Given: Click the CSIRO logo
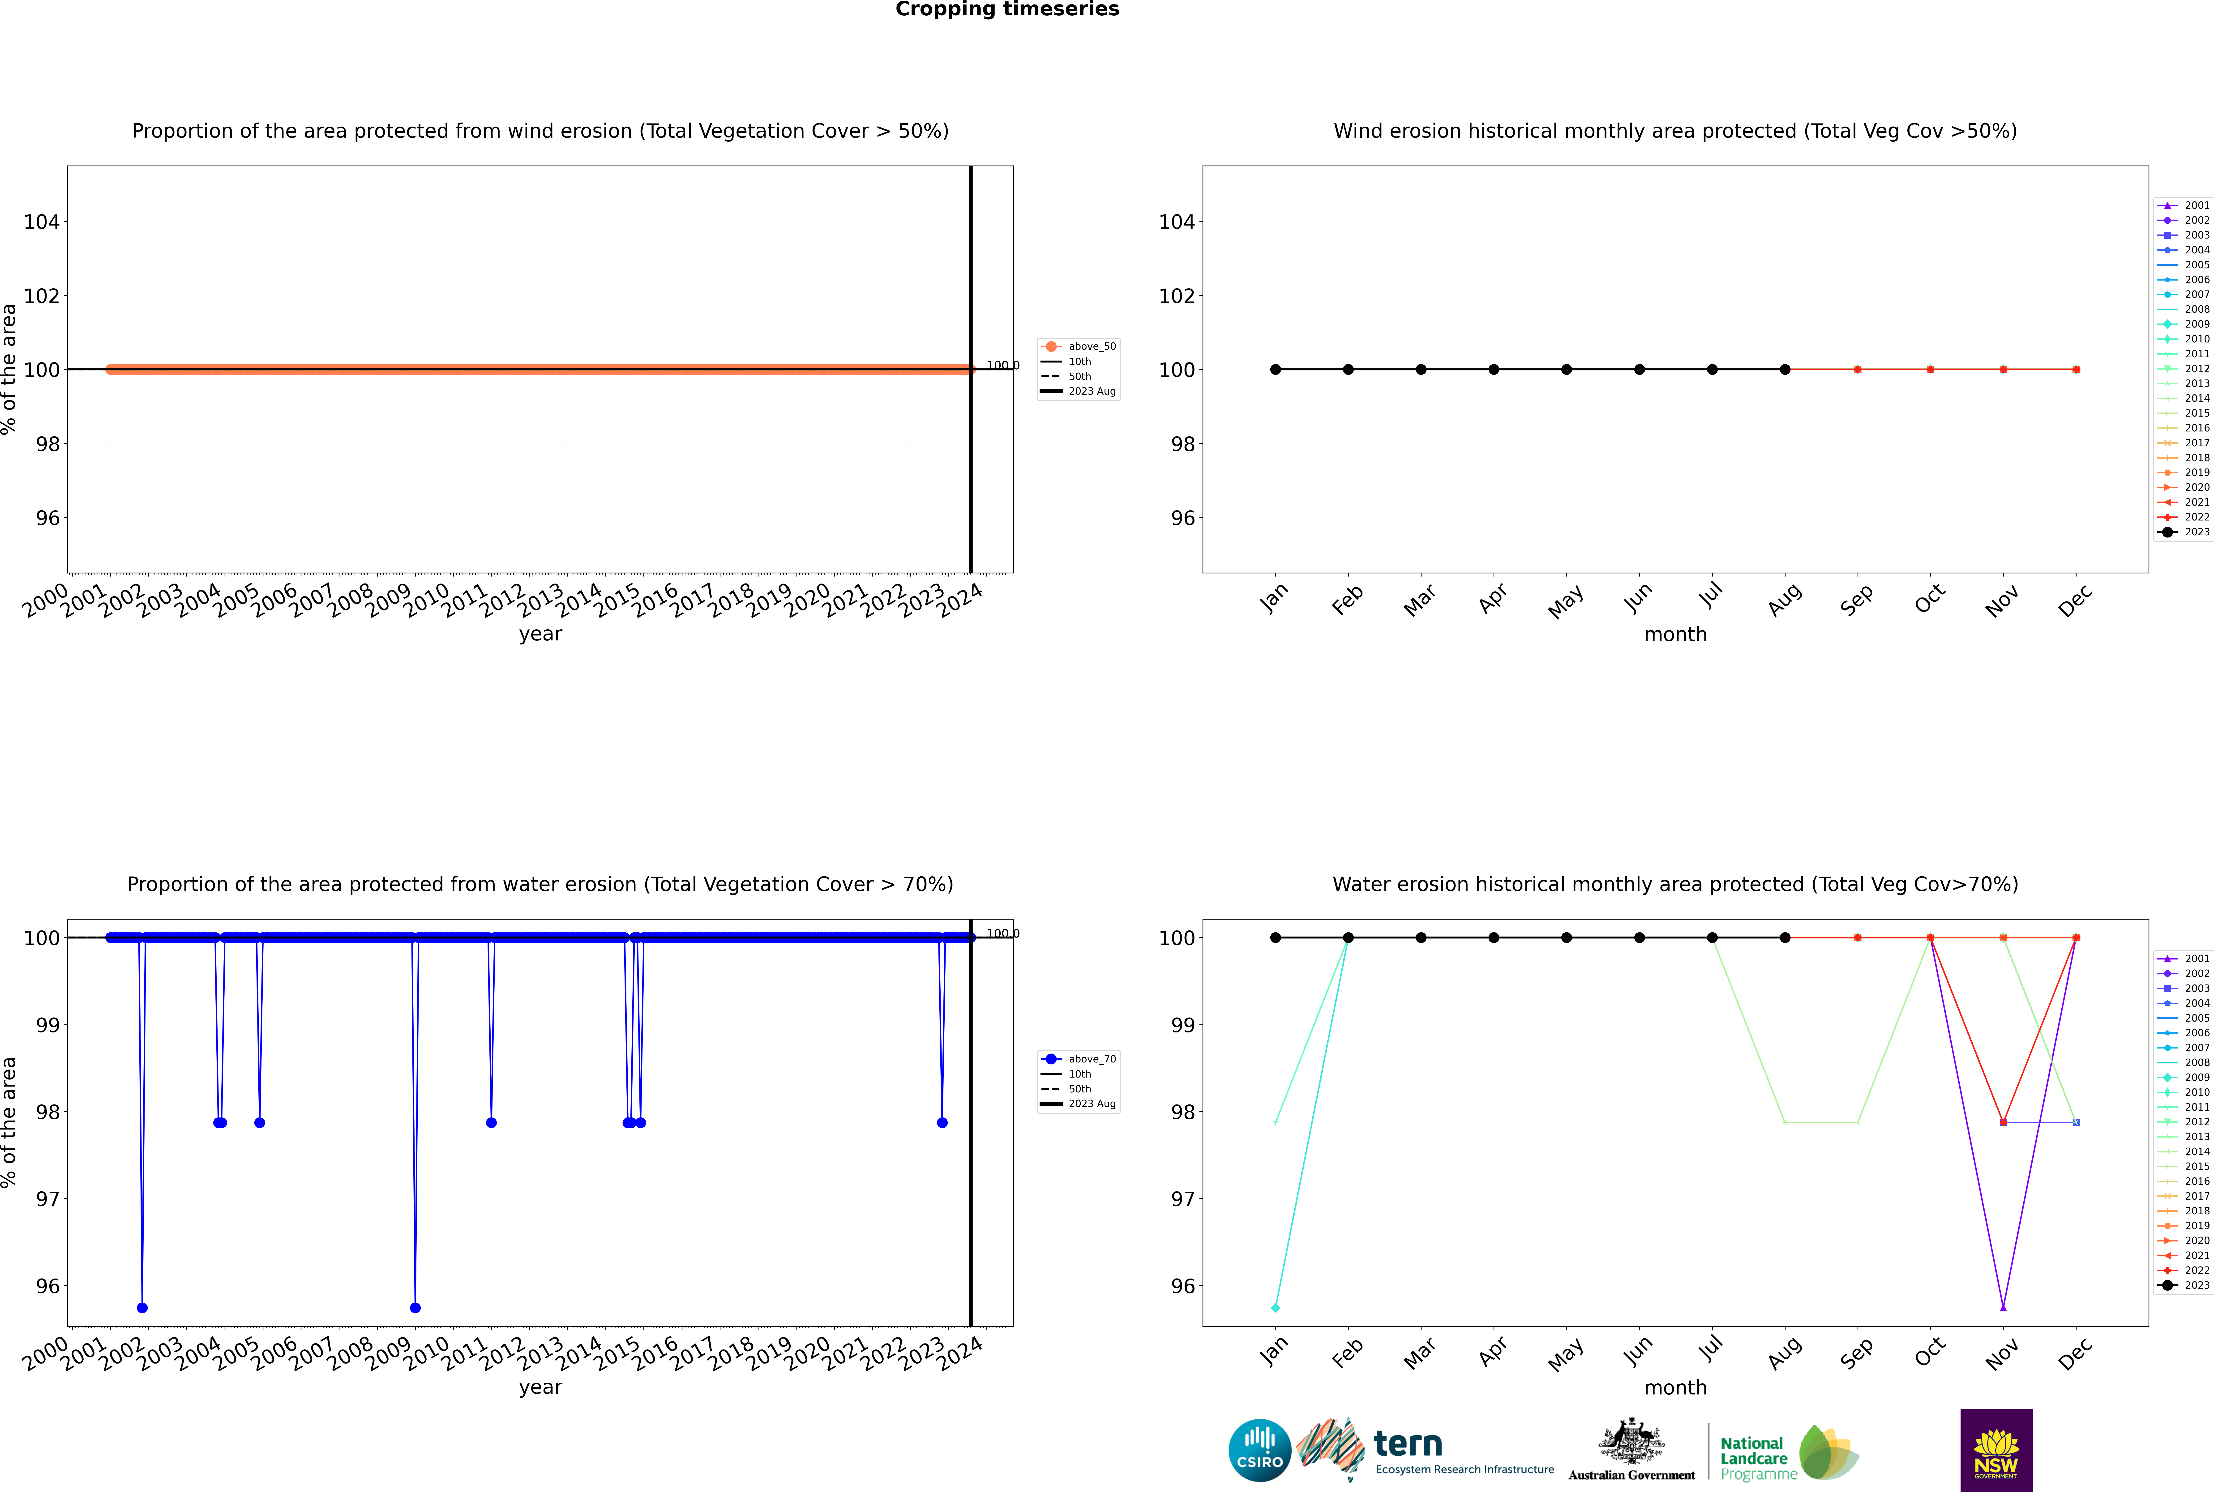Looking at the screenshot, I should click(1259, 1450).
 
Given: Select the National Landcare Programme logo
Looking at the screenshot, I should click(1788, 1453).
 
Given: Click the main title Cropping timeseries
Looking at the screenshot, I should click(1007, 9).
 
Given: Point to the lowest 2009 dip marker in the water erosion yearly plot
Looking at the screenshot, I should click(415, 1307).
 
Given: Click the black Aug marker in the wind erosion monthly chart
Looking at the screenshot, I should click(1785, 369).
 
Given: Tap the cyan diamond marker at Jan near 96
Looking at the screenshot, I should click(1276, 1307).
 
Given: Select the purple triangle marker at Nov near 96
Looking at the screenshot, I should click(2004, 1307).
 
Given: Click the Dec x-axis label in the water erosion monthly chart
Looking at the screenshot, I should click(2075, 1352).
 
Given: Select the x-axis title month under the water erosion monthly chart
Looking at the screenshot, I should click(1675, 1387).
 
